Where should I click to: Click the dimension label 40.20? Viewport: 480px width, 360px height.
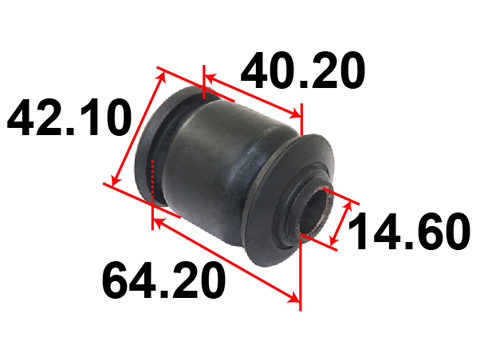coord(303,71)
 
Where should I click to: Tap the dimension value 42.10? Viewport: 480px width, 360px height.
coord(69,117)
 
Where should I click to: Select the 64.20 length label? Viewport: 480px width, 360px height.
coord(164,280)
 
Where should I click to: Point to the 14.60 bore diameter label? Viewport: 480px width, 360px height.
coord(409,231)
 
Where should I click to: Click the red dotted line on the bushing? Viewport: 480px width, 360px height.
coord(153,181)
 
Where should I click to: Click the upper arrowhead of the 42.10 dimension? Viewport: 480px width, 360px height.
coord(162,77)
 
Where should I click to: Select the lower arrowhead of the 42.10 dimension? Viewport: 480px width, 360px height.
coord(115,180)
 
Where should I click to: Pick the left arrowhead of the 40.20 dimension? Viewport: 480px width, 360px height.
coord(210,79)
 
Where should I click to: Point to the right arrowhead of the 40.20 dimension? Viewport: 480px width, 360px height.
coord(296,113)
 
